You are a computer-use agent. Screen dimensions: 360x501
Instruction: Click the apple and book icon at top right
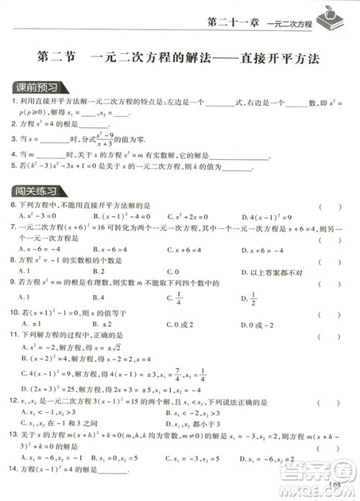334,16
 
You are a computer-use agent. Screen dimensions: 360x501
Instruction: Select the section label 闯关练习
37,191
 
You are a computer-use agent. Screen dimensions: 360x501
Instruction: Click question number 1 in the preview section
14,103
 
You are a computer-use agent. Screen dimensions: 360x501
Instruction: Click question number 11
14,335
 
